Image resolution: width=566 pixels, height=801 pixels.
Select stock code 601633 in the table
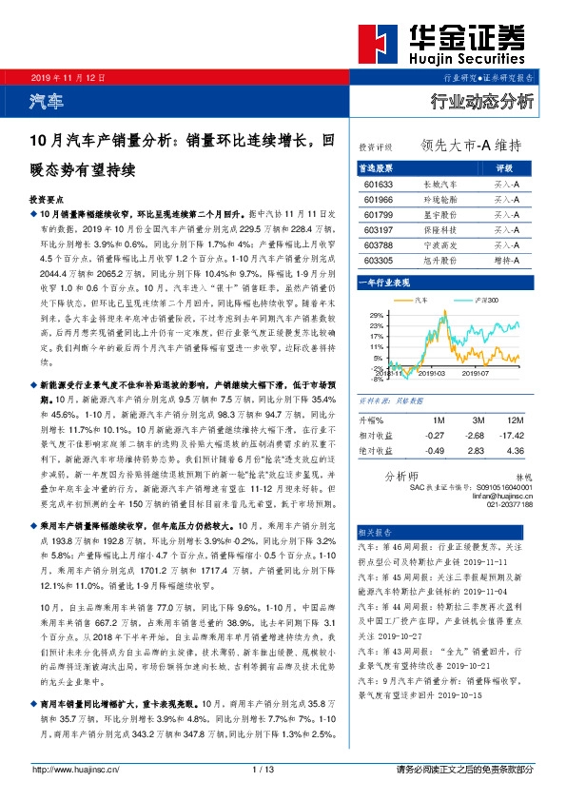coord(378,185)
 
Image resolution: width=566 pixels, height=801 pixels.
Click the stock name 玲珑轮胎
coord(439,200)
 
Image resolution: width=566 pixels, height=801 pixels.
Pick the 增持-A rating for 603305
coord(505,259)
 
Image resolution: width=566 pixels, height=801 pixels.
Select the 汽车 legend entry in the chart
coord(422,300)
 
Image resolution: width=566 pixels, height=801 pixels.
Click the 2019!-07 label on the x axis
coord(475,374)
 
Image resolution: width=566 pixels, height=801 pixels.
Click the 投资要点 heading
coord(47,202)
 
